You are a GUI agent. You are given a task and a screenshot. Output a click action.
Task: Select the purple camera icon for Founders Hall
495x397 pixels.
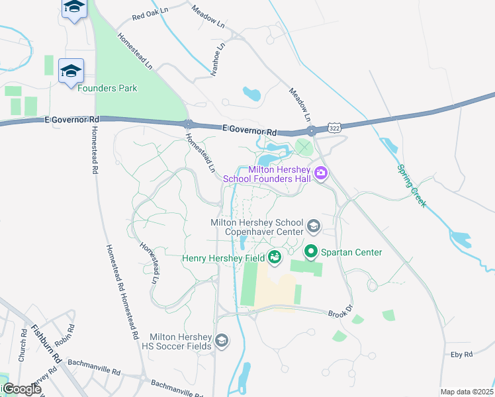point(322,173)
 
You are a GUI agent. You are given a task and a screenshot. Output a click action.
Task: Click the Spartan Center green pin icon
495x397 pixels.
point(310,251)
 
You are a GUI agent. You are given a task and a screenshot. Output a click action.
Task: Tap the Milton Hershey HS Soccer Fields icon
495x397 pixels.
point(222,341)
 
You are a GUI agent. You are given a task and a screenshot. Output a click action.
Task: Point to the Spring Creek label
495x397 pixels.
point(412,185)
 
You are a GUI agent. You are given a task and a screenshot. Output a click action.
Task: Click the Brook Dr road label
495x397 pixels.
point(337,314)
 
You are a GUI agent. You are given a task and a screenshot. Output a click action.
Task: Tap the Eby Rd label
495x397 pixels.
point(461,355)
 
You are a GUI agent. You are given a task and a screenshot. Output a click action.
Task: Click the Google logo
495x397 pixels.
point(21,389)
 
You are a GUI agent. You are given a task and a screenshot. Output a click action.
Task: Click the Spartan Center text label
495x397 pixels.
point(351,252)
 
